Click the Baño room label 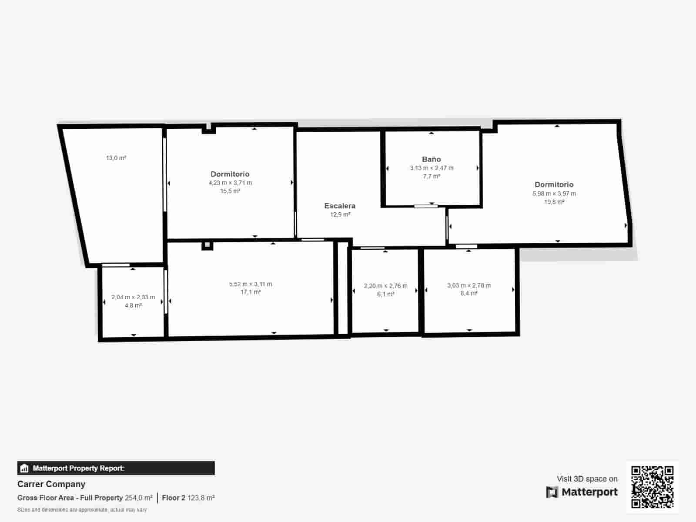[431, 159]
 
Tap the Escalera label [340, 206]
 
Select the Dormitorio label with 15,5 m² [230, 174]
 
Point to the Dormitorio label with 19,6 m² [554, 184]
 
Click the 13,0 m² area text [116, 158]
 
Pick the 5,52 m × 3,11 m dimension [251, 284]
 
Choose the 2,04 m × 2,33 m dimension [133, 297]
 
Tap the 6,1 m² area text [385, 294]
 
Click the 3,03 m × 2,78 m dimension [469, 285]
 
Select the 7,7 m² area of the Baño [432, 176]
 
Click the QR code [652, 487]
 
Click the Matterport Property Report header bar [116, 468]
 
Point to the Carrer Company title [51, 484]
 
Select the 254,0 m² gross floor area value [139, 498]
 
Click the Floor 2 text [174, 498]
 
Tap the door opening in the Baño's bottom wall [426, 206]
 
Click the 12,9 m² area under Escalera [340, 214]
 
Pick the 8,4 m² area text [469, 294]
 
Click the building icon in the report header [24, 468]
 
